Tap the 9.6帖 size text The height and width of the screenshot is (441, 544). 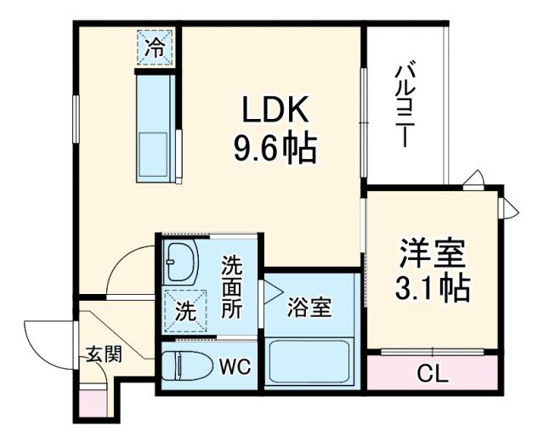[275, 150]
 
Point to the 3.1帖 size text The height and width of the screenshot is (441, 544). [433, 289]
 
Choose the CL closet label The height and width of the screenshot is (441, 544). [432, 372]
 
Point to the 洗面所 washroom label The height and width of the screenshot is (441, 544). [231, 286]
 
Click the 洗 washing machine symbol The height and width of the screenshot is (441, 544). [184, 311]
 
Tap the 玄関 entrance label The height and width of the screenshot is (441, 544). [102, 353]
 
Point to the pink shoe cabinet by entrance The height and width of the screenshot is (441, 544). [91, 400]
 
